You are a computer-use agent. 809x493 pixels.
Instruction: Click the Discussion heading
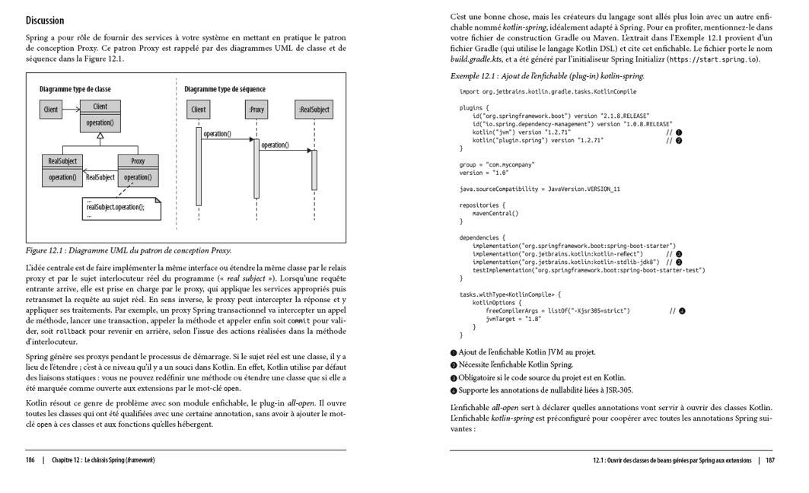click(45, 21)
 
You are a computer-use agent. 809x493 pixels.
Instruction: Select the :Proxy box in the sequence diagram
click(257, 110)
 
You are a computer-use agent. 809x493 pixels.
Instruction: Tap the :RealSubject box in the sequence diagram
click(314, 110)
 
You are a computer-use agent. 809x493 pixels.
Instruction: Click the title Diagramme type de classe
click(75, 89)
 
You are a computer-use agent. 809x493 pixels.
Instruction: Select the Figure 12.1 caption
click(129, 250)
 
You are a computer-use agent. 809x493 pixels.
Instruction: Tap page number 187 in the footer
click(769, 460)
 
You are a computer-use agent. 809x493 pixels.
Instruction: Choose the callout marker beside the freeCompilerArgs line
click(683, 310)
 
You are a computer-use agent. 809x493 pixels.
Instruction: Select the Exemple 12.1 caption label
click(547, 76)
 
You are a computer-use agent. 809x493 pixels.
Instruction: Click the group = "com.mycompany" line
click(497, 164)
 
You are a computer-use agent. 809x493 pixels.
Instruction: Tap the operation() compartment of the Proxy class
click(138, 177)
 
